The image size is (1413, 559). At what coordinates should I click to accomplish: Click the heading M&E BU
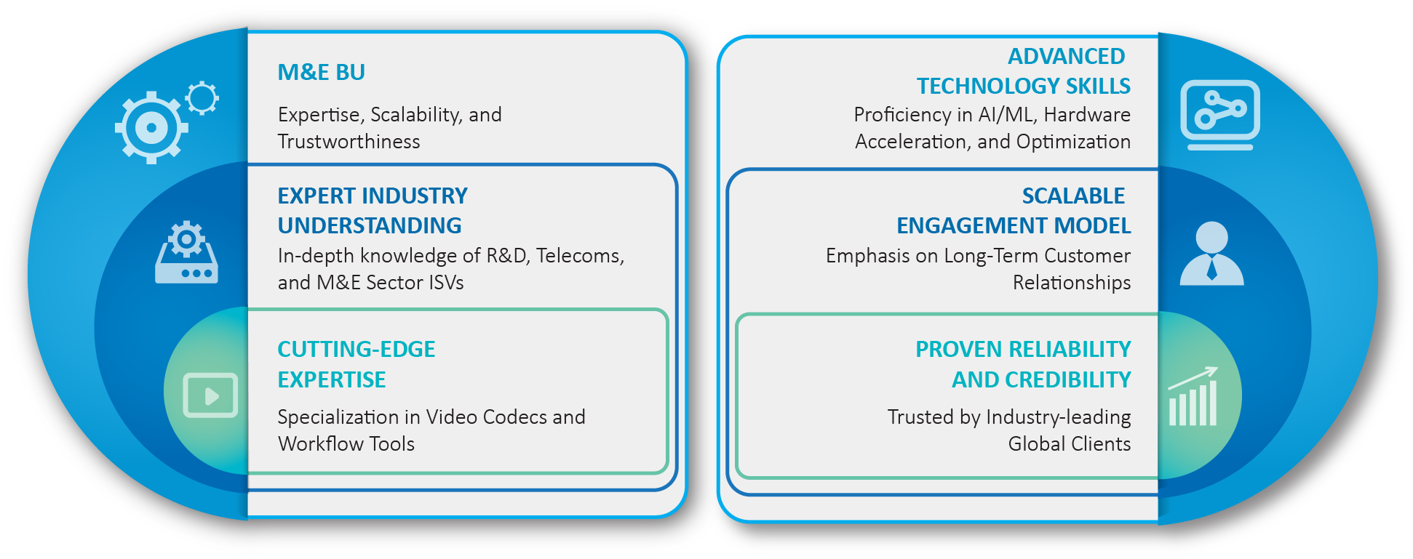321,72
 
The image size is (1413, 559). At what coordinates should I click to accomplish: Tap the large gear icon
151,128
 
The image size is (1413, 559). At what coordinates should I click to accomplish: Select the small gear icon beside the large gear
202,98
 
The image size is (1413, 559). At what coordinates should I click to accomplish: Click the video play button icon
210,395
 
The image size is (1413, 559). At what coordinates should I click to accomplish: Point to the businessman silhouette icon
1211,253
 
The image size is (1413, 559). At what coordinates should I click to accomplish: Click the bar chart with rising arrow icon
1193,396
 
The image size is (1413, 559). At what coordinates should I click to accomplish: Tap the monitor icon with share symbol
1220,115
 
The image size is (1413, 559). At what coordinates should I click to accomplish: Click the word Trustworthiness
349,142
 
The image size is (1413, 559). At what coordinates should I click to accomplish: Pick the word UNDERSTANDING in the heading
370,225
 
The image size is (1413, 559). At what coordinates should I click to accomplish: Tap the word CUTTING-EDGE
357,349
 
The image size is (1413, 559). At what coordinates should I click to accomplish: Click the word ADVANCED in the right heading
1067,56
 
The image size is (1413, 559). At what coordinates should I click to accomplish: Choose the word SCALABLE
1074,196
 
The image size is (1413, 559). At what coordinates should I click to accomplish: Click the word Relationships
1072,283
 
